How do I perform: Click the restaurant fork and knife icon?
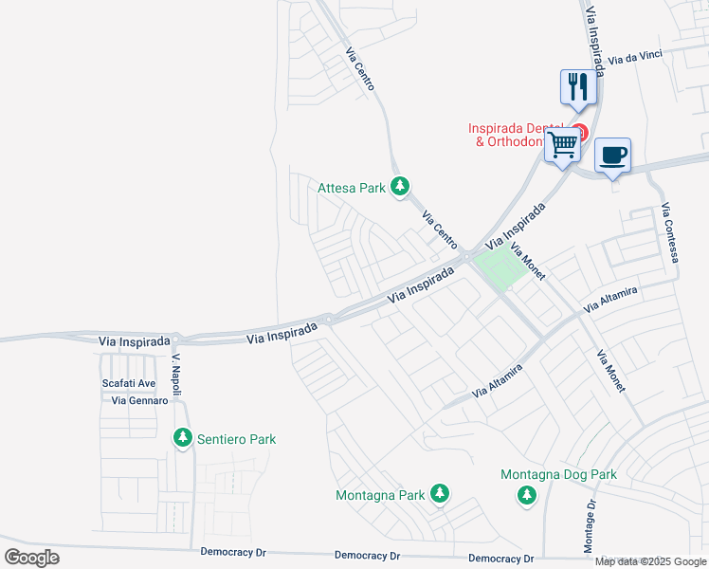pos(578,87)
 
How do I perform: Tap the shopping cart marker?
pos(562,146)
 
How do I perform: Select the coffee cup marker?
pos(612,154)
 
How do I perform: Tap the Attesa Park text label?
pos(351,188)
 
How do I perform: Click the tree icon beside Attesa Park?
pos(401,187)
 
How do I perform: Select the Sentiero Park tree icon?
pos(182,438)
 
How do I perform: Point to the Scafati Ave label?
pos(129,384)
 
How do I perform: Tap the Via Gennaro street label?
pos(139,400)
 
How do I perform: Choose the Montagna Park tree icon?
pos(439,494)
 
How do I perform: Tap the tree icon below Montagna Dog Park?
pos(526,495)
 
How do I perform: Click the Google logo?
pos(31,558)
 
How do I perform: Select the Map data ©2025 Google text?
pos(650,561)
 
